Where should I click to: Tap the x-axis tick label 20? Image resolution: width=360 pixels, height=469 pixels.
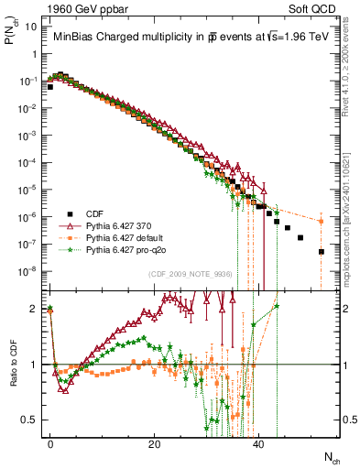[154, 443]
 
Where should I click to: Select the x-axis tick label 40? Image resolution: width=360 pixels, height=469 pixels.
[258, 443]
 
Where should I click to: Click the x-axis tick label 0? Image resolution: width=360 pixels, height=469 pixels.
[50, 443]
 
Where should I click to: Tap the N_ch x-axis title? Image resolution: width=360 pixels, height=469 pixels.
[326, 455]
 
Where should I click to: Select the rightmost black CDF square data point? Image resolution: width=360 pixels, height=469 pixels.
[322, 251]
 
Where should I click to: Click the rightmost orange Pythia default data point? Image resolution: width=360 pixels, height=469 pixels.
[322, 221]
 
